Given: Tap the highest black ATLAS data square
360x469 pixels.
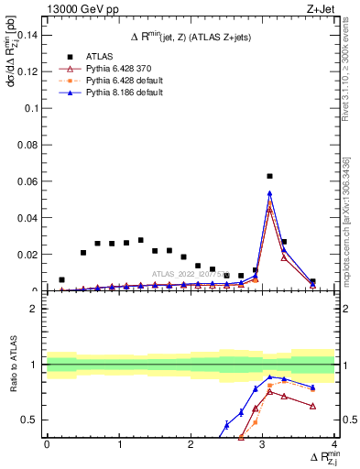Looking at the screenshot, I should (269, 176).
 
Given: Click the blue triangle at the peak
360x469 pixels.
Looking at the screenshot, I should (269, 193).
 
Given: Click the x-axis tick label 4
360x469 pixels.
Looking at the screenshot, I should (335, 444).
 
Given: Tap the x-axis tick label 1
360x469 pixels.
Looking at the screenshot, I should (118, 444).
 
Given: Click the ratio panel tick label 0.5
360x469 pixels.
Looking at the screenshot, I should (31, 420).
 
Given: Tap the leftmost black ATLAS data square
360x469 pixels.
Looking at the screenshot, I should (61, 279).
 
